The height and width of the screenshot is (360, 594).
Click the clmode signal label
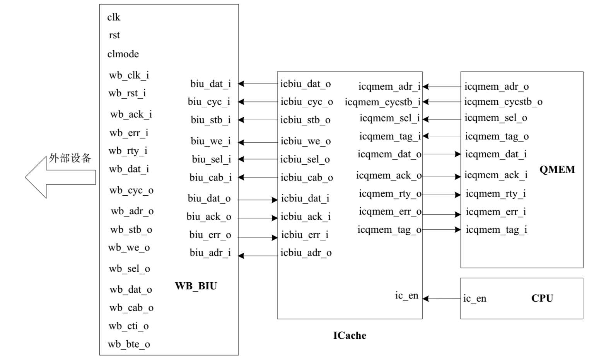(123, 54)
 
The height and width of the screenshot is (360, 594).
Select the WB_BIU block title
(196, 286)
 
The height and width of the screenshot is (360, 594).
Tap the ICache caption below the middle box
(350, 335)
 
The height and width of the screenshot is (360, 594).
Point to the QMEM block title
(557, 170)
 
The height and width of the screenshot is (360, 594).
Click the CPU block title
(542, 298)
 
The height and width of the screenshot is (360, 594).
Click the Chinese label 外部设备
(70, 158)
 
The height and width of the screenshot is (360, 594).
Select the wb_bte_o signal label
(129, 344)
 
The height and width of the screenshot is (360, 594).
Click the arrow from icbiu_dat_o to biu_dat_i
(258, 84)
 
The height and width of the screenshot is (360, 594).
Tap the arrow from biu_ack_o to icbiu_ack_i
(258, 218)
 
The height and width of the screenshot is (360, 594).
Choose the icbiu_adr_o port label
(306, 253)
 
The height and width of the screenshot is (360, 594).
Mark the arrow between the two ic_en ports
(442, 299)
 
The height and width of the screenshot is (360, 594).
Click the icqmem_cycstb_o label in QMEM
(503, 102)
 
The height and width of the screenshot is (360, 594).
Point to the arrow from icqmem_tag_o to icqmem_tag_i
(441, 230)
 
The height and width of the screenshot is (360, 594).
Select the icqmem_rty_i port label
(495, 194)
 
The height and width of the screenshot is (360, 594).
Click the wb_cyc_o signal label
(131, 190)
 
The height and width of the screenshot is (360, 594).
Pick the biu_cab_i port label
(210, 177)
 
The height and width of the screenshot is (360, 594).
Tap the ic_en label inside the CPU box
(475, 299)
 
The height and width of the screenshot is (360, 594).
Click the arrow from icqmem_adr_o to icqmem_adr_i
(442, 87)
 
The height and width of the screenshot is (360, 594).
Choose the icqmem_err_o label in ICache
(390, 212)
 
